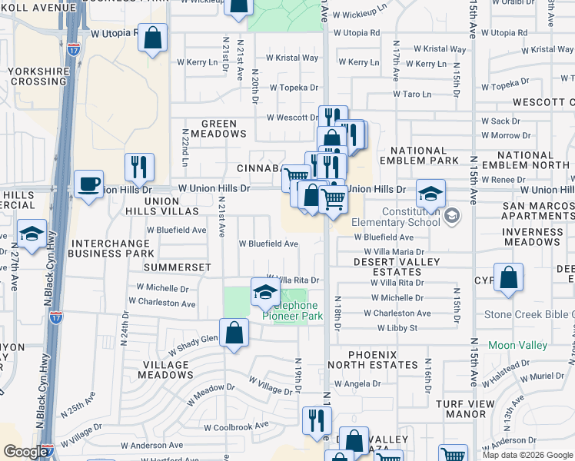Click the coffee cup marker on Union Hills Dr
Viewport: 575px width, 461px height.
(x=89, y=185)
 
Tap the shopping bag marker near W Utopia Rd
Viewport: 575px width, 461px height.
(x=153, y=38)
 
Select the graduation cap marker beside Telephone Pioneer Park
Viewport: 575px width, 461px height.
(x=264, y=293)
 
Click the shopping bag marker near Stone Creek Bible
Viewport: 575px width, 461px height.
(x=508, y=278)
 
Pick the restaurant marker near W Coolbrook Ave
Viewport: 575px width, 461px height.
(x=316, y=420)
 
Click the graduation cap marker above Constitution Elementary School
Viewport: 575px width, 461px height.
(x=430, y=194)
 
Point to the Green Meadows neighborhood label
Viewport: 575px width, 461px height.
(x=224, y=128)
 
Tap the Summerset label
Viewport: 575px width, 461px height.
(x=182, y=267)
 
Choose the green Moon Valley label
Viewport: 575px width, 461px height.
(x=517, y=346)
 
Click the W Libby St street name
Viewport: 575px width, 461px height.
(x=391, y=328)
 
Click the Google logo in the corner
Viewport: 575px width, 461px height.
(x=25, y=452)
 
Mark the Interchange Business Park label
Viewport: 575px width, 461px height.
(x=111, y=247)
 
